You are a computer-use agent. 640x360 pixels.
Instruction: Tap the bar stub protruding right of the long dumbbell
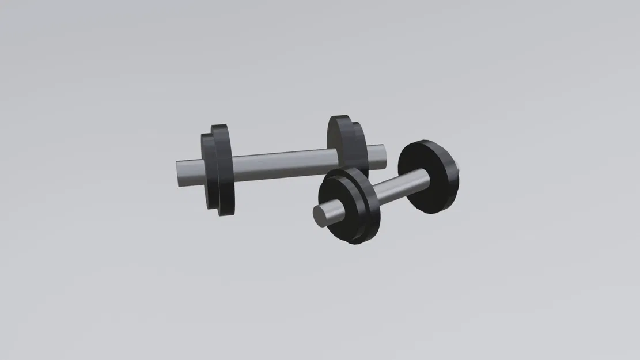(x=377, y=156)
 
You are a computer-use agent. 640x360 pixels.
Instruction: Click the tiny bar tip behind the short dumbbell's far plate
(x=459, y=169)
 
